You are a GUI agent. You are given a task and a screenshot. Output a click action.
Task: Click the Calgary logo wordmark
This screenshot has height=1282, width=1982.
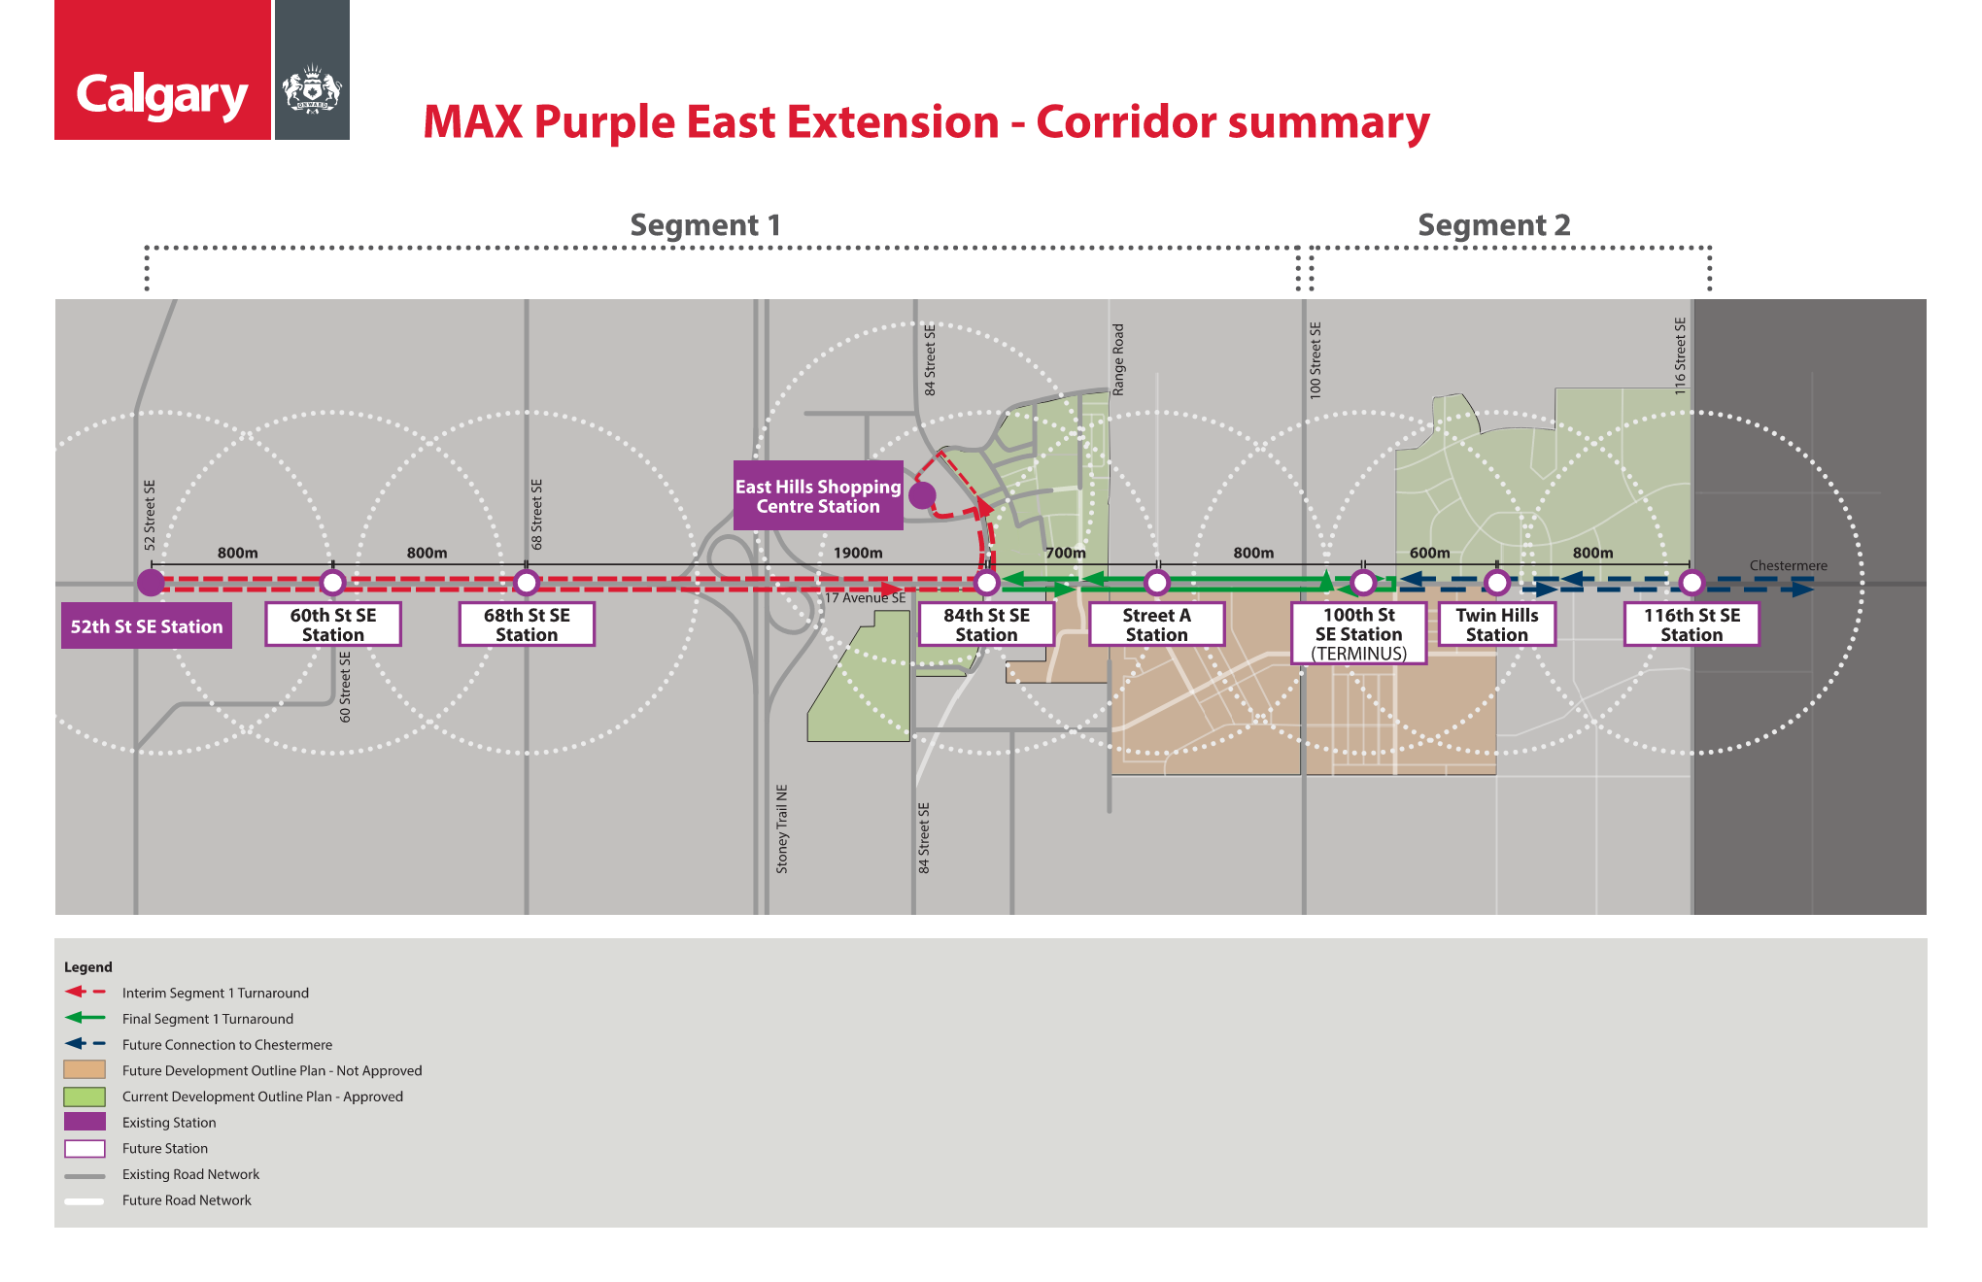point(162,96)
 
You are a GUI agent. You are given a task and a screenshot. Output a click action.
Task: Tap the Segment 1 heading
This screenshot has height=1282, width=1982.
point(705,225)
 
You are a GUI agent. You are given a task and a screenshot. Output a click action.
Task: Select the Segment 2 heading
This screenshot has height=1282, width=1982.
point(1494,225)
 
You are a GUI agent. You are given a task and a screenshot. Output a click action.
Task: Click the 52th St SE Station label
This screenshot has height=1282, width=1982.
point(147,626)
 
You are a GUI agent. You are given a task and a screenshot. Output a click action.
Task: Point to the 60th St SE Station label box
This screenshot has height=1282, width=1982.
point(333,624)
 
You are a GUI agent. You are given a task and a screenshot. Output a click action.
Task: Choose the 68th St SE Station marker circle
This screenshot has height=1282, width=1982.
point(527,583)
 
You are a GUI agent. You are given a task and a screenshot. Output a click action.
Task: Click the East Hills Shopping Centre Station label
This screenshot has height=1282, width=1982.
point(818,495)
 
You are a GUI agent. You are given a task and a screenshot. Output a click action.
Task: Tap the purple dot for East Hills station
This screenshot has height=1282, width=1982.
point(922,495)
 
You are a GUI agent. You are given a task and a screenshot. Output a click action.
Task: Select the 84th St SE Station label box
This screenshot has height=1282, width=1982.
point(987,624)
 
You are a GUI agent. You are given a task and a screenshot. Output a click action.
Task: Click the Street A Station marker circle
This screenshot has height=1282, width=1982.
point(1156,583)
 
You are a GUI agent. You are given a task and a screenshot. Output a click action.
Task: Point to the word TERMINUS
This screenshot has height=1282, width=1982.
point(1359,654)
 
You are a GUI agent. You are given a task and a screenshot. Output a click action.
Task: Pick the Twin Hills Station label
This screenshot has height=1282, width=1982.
point(1497,624)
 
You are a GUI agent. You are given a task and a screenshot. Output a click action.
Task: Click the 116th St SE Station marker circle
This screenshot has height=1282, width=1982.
point(1692,583)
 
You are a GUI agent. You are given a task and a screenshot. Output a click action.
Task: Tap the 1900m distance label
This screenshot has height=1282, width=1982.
point(858,553)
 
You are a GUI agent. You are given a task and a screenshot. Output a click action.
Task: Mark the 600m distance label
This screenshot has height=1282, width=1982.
point(1429,553)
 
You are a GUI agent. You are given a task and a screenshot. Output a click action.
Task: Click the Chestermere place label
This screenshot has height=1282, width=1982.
point(1788,565)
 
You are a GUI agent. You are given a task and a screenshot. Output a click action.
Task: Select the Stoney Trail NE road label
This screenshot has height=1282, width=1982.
point(782,828)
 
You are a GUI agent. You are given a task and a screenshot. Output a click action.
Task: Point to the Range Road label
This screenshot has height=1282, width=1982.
point(1118,359)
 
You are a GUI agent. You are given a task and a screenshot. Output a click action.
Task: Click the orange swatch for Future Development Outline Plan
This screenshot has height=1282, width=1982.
point(85,1070)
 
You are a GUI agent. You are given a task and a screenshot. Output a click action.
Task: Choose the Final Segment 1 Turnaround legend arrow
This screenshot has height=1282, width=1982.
point(85,1018)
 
